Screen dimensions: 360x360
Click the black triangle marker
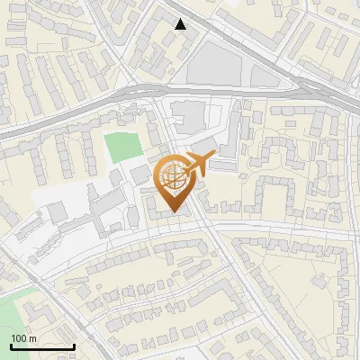tap(181, 24)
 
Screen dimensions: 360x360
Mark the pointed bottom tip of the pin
tap(173, 213)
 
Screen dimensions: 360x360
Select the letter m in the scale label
tap(32, 338)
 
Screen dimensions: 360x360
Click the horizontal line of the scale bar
tap(41, 346)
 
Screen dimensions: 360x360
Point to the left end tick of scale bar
tap(10, 345)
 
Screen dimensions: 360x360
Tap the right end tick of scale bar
tap(73, 345)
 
